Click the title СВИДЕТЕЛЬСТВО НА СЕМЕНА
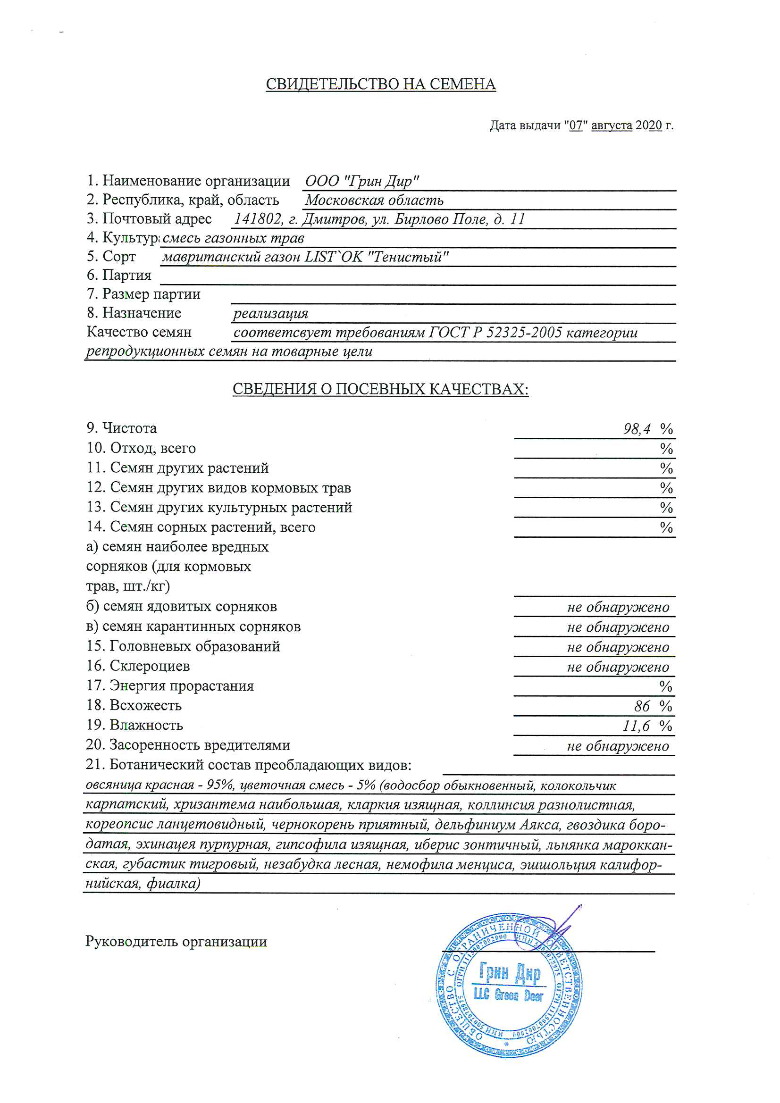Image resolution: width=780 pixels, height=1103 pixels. point(381,84)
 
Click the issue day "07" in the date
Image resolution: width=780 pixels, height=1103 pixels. point(576,126)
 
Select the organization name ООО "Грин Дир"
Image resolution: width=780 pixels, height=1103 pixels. point(362,181)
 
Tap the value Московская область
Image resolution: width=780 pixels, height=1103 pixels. point(374,200)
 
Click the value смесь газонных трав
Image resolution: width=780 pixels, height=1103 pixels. point(233,238)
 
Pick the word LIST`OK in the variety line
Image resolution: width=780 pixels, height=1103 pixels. point(334,257)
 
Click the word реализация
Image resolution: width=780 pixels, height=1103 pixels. point(270,314)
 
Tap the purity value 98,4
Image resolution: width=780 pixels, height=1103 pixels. point(637,428)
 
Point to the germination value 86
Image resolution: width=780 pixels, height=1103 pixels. point(642,706)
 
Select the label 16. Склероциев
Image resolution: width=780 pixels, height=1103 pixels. point(138,666)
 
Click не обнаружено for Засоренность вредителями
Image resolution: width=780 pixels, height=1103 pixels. point(618,746)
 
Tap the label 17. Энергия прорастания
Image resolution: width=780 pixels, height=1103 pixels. point(170,685)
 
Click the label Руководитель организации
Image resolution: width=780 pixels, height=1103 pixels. point(176,942)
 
